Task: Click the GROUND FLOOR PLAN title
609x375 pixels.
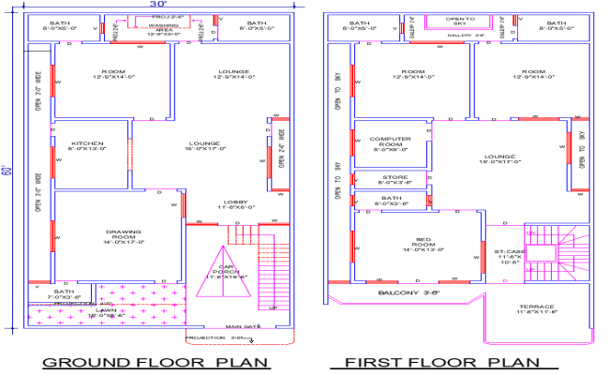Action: coord(156,362)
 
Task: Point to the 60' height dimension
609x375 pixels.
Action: coord(7,172)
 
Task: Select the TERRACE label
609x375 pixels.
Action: coord(536,308)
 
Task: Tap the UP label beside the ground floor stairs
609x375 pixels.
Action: coord(274,308)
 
